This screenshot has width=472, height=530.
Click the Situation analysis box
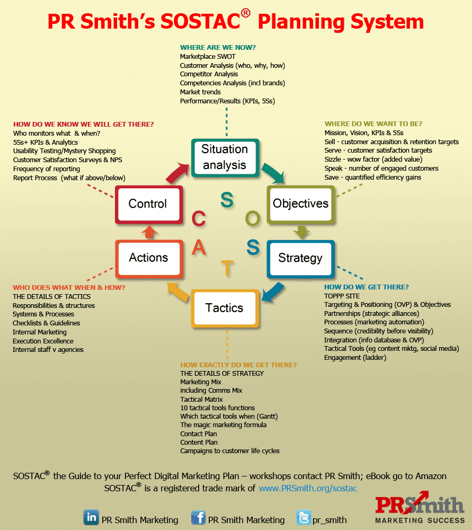pyautogui.click(x=225, y=157)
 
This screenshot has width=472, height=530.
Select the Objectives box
pyautogui.click(x=300, y=204)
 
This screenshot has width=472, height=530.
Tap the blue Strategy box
pyautogui.click(x=300, y=258)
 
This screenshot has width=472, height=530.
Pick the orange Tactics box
pyautogui.click(x=225, y=308)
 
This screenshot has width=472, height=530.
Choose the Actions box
pyautogui.click(x=149, y=258)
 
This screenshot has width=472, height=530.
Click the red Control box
pyautogui.click(x=148, y=204)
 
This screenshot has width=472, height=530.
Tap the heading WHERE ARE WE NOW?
pyautogui.click(x=218, y=47)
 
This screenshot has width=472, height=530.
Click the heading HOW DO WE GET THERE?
pyautogui.click(x=366, y=287)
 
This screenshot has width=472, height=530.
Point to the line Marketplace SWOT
pyautogui.click(x=208, y=56)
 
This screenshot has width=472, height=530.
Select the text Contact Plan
pyautogui.click(x=199, y=434)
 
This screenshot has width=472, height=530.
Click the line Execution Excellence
pyautogui.click(x=43, y=341)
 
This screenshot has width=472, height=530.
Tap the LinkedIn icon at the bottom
pyautogui.click(x=91, y=517)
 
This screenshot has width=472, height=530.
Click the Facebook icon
pyautogui.click(x=198, y=517)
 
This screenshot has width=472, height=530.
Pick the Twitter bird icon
pyautogui.click(x=304, y=517)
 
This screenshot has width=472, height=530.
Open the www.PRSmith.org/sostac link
pyautogui.click(x=308, y=488)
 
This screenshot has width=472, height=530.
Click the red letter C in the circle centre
pyautogui.click(x=199, y=218)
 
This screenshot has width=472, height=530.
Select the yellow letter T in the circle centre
pyautogui.click(x=227, y=268)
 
